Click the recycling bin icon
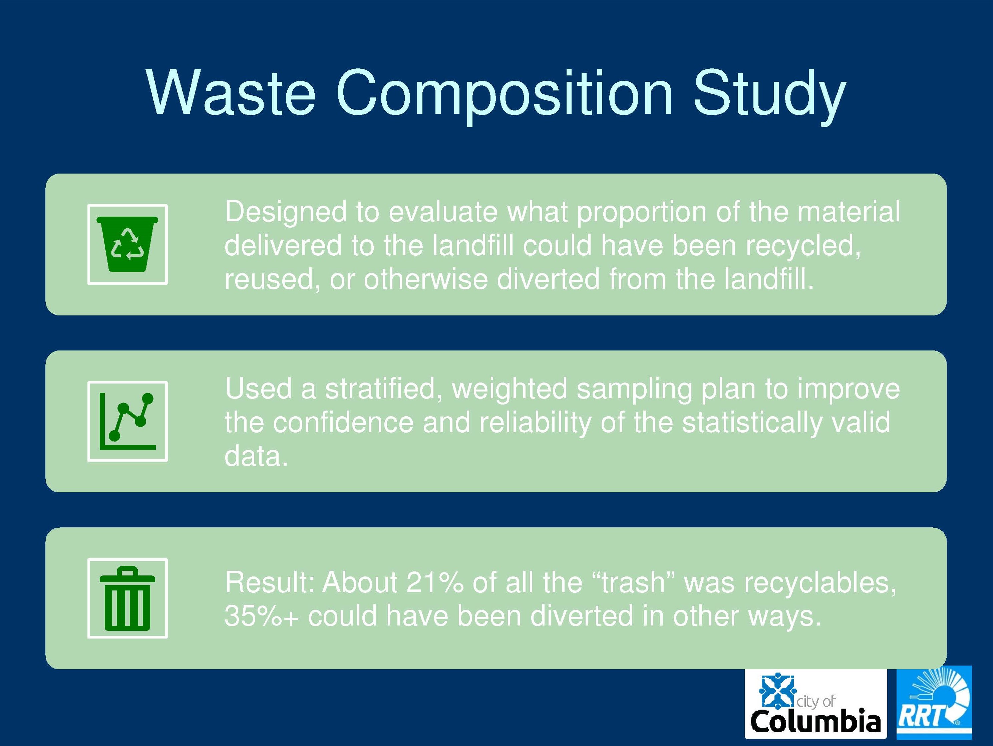point(127,244)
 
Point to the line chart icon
point(127,421)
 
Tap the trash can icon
point(127,598)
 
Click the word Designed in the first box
point(286,212)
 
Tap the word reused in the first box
point(272,279)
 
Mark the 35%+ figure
point(261,616)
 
